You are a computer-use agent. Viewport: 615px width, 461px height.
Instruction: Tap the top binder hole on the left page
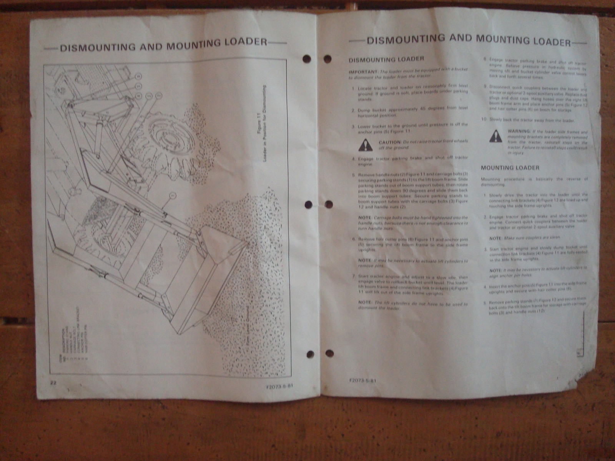click(307, 59)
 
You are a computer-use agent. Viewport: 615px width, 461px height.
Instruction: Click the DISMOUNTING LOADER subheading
click(386, 59)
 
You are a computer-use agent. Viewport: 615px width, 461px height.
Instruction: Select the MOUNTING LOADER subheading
click(510, 167)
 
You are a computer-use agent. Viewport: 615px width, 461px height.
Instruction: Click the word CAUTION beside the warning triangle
click(390, 142)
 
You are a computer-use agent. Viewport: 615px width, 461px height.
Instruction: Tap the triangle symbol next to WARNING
click(495, 135)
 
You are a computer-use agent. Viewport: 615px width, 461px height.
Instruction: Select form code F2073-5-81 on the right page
click(362, 381)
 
